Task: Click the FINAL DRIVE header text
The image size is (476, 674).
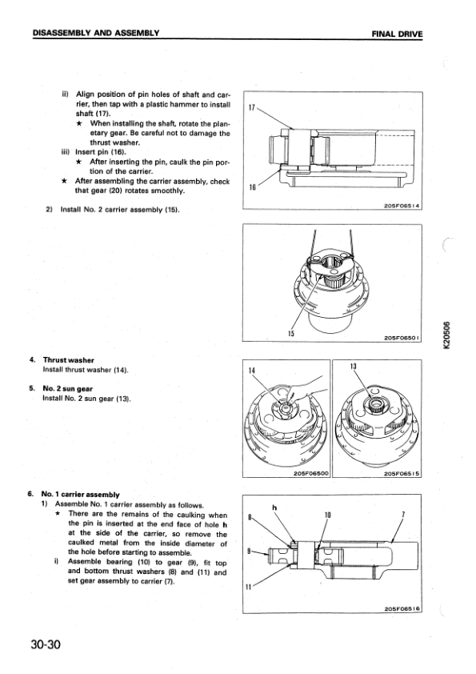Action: pos(398,34)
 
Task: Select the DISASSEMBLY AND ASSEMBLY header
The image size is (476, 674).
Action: pos(96,33)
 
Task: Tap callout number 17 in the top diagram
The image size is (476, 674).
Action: pos(252,107)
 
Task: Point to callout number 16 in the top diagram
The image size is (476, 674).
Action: pos(252,187)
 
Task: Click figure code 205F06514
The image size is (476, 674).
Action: pos(402,206)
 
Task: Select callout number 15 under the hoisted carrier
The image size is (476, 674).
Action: pos(291,334)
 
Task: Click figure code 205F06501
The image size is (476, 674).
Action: pos(402,338)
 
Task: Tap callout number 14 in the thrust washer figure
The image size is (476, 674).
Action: pos(252,370)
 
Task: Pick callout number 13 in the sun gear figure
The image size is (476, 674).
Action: pos(354,367)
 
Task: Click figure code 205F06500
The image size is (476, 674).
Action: pos(311,473)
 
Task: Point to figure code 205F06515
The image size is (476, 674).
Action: pos(402,473)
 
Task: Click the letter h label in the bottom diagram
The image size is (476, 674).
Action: pos(274,508)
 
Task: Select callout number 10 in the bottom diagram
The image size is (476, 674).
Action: pos(328,515)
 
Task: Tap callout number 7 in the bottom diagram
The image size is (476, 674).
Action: pos(403,515)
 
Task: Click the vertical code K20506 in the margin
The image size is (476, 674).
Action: pos(448,335)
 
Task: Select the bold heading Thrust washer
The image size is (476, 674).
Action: pos(69,360)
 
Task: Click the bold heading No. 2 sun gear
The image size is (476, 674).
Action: pos(68,389)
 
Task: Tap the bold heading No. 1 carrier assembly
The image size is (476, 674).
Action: pos(80,495)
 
